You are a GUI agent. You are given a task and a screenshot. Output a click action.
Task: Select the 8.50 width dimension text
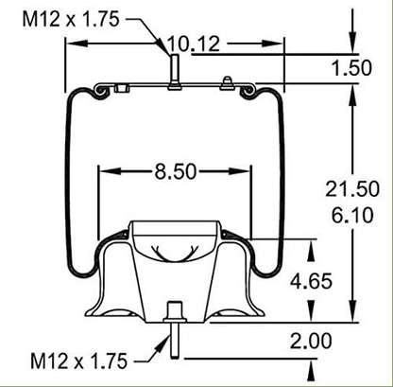pyautogui.click(x=174, y=172)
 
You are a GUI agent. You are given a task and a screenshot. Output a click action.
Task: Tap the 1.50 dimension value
pyautogui.click(x=351, y=68)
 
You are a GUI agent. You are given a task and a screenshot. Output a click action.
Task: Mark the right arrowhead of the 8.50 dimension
pyautogui.click(x=248, y=172)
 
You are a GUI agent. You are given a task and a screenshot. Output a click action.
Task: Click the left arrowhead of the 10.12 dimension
pyautogui.click(x=68, y=44)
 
